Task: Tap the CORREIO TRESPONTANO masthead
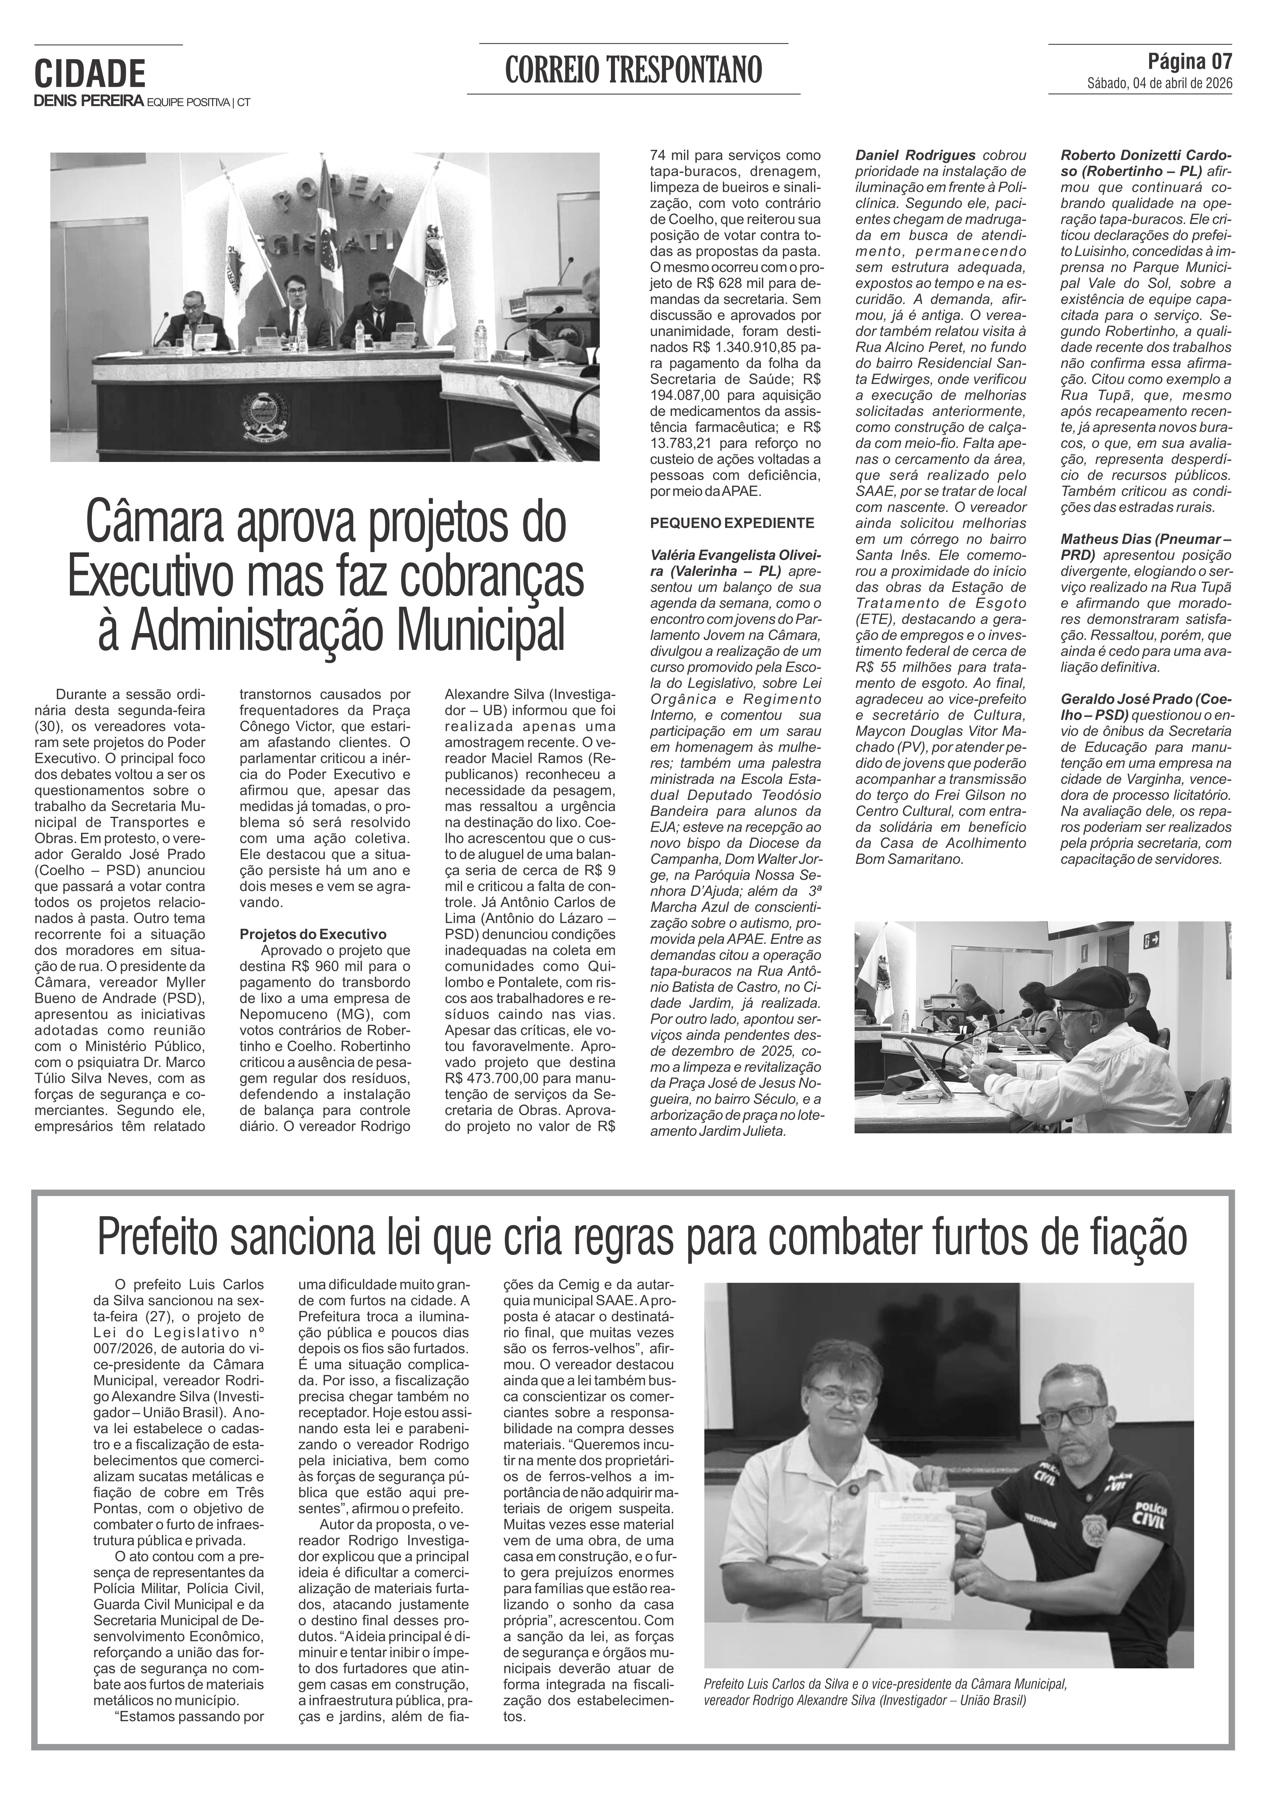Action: pos(633,71)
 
